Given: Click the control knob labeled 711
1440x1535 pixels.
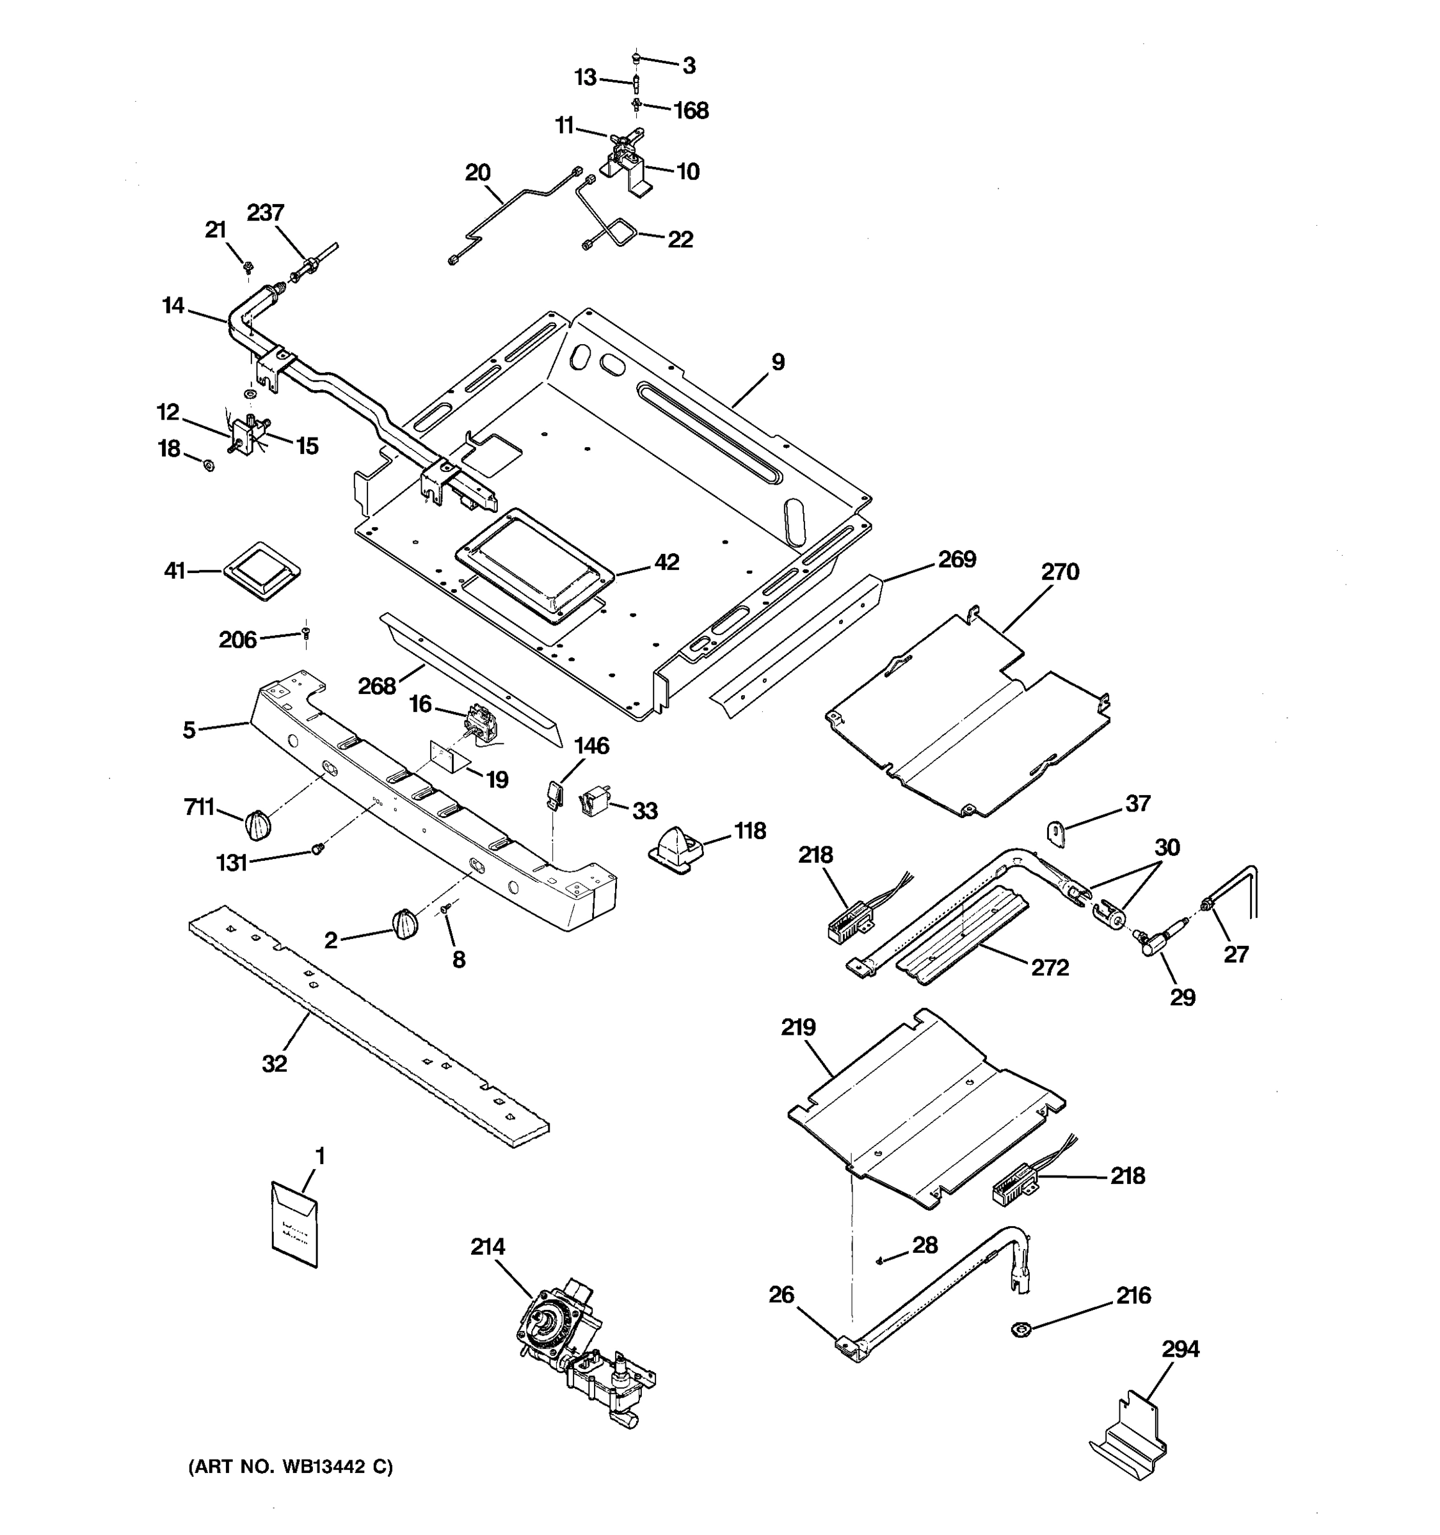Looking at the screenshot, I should coord(258,826).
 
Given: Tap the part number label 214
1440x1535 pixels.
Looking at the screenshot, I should coord(488,1247).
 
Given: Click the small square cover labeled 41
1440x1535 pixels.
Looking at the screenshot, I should coord(262,570).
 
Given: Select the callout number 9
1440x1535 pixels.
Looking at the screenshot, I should coord(778,361).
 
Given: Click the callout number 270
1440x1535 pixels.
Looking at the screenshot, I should coord(1059,572).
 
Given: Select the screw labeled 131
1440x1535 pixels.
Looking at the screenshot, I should coord(317,849).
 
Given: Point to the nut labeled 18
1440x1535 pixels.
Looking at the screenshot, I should coord(208,466).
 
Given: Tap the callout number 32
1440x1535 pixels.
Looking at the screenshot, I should coord(275,1064).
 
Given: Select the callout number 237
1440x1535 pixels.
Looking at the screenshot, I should coord(265,212).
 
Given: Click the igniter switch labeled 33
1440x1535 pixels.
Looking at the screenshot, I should coord(593,801).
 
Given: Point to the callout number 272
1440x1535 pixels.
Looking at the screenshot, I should coord(1050,968).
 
